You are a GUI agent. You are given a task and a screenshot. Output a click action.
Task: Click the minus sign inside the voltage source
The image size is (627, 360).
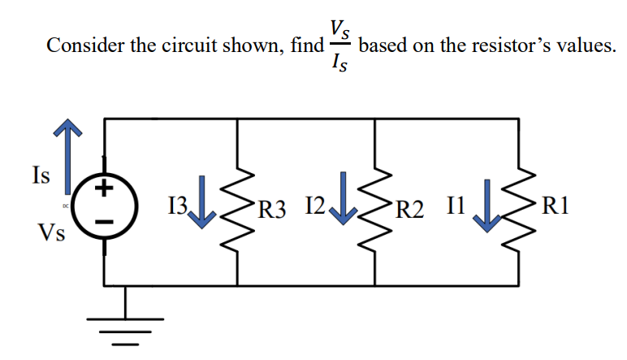pos(103,222)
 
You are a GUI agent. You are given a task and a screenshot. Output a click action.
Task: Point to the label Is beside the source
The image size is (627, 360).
pos(38,174)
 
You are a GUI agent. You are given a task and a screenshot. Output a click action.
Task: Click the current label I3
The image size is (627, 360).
pos(179,208)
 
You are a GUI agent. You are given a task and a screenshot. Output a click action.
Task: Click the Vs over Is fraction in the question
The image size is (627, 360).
pos(340,46)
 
